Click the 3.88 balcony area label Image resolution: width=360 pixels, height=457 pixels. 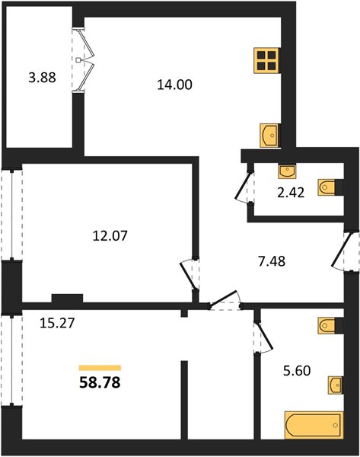coord(42,78)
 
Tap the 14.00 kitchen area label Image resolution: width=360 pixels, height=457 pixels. coord(174,85)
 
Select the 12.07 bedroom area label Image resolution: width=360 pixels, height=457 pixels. coord(110,235)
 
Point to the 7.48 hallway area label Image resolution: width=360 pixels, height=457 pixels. coord(272,261)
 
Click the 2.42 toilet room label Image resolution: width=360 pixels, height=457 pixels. coord(291,193)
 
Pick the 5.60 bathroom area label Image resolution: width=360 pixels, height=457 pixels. coord(297,371)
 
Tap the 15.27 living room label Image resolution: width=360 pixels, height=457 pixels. coord(57,323)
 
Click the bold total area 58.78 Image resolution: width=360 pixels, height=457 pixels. coord(100,382)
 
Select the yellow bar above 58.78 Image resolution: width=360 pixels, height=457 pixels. coord(100,368)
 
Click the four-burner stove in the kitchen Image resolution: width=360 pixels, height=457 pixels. coord(266,60)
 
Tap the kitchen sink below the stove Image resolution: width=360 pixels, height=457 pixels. coord(269,136)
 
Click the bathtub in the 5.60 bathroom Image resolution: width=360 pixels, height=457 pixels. coord(314,425)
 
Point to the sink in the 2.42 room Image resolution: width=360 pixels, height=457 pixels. coord(287,171)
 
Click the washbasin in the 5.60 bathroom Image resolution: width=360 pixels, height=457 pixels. coord(336,385)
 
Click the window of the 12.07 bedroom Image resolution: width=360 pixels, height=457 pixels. coord(11,215)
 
